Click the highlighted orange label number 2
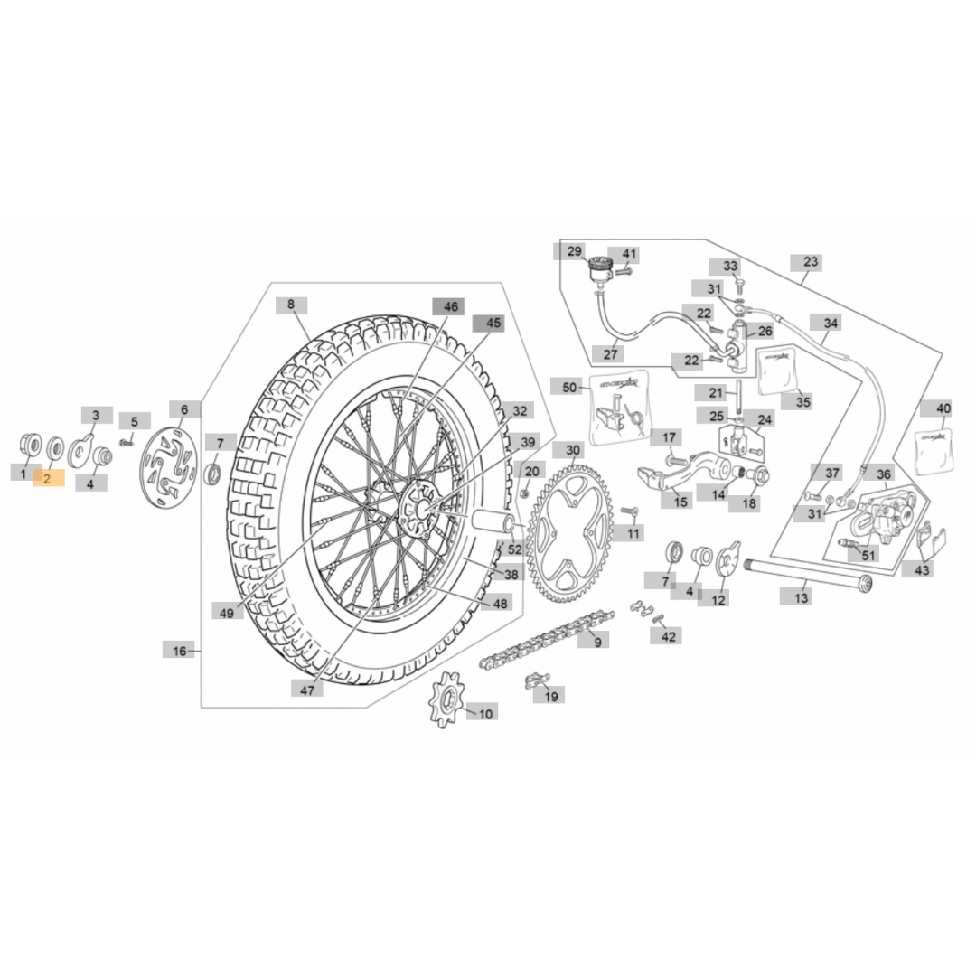[49, 478]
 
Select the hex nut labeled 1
[29, 444]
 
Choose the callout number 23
[811, 262]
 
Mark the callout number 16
[179, 651]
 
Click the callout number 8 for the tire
[291, 305]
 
